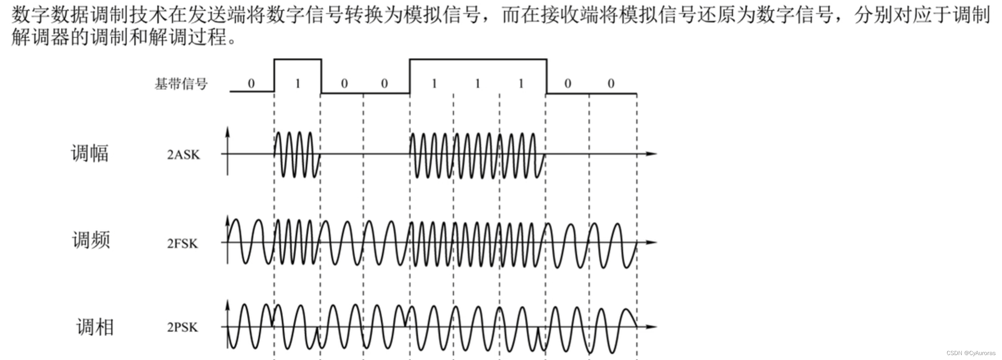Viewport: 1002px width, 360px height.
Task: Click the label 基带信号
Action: point(181,84)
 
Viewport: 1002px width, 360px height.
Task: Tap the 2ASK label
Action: point(183,155)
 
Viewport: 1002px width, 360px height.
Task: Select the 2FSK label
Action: point(182,244)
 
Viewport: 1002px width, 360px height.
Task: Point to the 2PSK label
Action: point(182,328)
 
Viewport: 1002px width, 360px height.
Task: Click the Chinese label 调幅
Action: point(90,154)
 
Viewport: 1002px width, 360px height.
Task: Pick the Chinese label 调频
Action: point(91,240)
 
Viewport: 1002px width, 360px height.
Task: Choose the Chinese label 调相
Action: point(95,328)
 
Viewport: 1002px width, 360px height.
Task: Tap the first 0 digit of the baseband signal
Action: point(251,84)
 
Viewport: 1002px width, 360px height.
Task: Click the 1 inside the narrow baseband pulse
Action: point(298,84)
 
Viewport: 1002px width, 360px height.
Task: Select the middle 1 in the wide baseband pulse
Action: point(478,84)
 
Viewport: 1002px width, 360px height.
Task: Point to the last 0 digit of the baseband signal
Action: point(611,84)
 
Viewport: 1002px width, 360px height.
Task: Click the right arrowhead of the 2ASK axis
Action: point(652,154)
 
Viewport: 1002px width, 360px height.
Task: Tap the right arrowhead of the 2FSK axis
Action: point(652,242)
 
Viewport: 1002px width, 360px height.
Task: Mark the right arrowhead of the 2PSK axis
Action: point(652,327)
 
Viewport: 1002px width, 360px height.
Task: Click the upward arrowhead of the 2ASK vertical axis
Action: point(228,131)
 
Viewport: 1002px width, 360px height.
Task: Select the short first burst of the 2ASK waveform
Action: point(297,155)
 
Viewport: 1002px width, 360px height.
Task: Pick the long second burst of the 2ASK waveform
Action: point(477,155)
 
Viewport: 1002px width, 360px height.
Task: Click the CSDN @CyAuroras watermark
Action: point(971,353)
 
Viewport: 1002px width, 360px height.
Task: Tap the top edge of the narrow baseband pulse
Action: point(298,60)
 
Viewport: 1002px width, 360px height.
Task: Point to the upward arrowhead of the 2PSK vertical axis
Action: point(228,304)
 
